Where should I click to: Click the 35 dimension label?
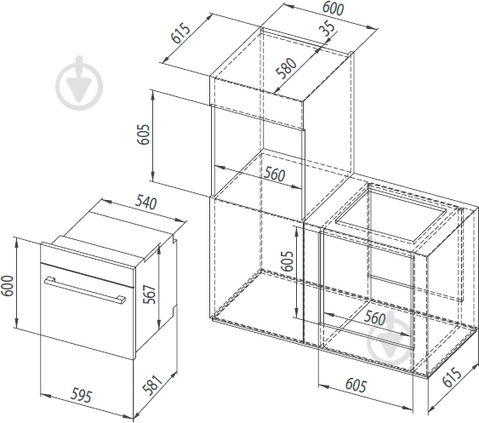point(327,28)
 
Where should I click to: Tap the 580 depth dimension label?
point(286,68)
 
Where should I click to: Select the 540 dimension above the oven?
point(146,202)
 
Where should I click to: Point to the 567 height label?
point(150,294)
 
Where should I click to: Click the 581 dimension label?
point(151,385)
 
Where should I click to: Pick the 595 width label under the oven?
point(81,395)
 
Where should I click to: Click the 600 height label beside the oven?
point(8,285)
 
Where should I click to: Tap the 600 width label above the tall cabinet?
point(333,9)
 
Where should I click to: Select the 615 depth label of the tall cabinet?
point(180,33)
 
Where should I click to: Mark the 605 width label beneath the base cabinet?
point(356,385)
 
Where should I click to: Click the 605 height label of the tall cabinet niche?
point(143,134)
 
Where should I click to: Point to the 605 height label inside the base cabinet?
point(287,261)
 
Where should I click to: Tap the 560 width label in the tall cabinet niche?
point(274,174)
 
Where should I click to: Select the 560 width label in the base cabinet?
point(374,318)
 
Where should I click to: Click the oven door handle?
point(85,290)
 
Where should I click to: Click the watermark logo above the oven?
point(79,83)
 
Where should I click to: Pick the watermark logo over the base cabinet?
point(391,339)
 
